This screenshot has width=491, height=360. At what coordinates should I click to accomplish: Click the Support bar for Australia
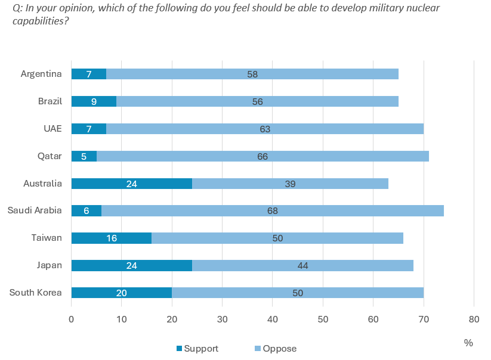(x=132, y=184)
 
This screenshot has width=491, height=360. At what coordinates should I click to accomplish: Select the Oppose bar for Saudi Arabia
(x=273, y=210)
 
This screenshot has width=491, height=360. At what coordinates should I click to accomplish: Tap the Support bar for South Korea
(x=122, y=293)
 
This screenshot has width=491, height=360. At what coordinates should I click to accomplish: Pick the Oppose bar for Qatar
(x=263, y=156)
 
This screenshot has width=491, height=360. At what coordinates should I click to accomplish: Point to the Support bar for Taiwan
(x=112, y=238)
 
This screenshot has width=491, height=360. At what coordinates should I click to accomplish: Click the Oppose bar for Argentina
(x=252, y=74)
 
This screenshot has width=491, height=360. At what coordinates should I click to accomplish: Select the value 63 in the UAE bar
(x=265, y=129)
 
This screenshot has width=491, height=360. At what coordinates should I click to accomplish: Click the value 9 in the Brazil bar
(x=94, y=101)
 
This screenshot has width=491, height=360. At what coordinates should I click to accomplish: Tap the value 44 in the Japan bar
(x=303, y=265)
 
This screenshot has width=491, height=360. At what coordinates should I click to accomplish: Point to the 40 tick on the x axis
(x=273, y=319)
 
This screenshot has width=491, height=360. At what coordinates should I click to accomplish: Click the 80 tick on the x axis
(x=474, y=319)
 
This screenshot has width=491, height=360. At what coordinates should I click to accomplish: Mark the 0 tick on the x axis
(x=72, y=319)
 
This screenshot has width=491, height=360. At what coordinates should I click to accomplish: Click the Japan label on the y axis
(x=50, y=265)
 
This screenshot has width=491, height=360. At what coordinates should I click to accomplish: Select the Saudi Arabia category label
(x=35, y=210)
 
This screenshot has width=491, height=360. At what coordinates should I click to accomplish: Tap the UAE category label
(x=53, y=129)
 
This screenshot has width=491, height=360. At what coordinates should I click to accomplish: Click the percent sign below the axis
(x=468, y=343)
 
